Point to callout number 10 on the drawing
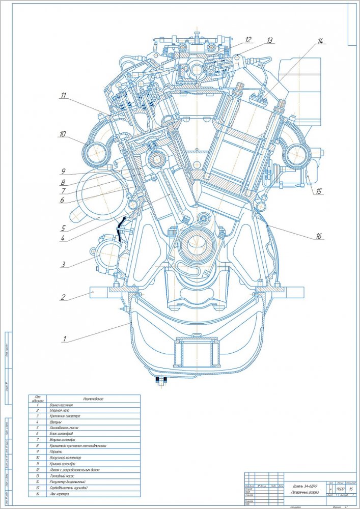click(x=63, y=135)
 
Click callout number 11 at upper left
click(x=63, y=95)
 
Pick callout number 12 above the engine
click(x=248, y=39)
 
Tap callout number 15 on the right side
click(x=319, y=192)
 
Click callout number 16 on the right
click(x=319, y=236)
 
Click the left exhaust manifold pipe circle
click(x=98, y=151)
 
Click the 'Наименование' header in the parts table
click(x=92, y=399)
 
